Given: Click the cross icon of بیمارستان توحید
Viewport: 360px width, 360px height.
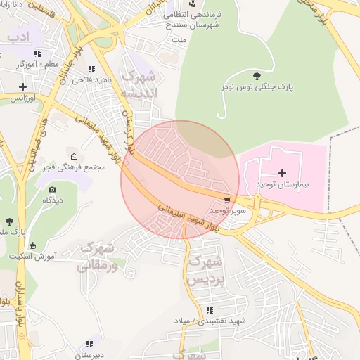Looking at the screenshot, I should click(283, 172).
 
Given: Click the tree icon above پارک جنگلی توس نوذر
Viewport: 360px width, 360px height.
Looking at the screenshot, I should click(255, 75).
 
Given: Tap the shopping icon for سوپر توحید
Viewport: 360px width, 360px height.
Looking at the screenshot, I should click(226, 199).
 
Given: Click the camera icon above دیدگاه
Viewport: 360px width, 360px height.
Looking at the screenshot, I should click(52, 190).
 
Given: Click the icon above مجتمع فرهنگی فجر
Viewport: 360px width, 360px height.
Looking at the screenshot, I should click(75, 156).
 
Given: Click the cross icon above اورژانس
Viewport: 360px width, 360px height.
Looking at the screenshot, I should click(23, 87).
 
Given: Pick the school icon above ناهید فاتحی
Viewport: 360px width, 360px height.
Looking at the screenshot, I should click(91, 69).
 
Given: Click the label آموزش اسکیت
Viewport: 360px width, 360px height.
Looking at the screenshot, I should click(33, 257).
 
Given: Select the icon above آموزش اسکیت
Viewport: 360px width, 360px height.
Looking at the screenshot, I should click(33, 245).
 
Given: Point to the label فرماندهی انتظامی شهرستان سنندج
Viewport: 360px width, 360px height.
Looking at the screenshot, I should click(189, 19).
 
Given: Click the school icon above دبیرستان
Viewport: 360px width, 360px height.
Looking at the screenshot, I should click(89, 345).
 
